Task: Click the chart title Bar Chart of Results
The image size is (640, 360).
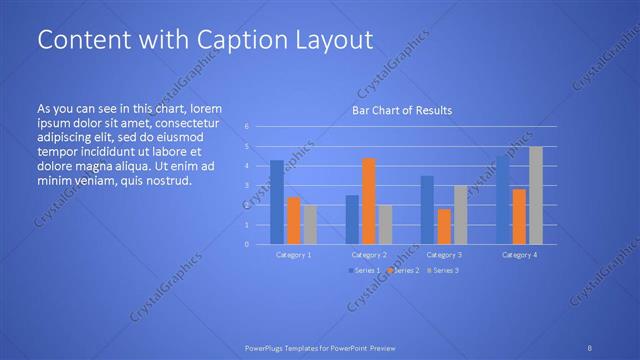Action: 401,110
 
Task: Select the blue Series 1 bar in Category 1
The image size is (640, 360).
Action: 277,202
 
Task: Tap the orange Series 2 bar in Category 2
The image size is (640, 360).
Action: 369,201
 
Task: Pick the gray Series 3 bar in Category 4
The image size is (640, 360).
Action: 536,196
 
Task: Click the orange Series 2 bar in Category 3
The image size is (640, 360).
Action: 444,226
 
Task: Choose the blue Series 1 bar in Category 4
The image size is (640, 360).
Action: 502,200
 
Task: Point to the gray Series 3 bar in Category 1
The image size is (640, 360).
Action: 310,224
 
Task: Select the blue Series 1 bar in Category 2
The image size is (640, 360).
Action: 352,219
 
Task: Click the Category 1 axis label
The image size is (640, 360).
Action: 293,255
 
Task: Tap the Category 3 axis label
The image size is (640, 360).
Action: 444,255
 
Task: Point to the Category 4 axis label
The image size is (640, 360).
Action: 519,255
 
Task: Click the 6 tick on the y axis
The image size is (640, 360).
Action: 247,127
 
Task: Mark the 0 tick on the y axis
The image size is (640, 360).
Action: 247,244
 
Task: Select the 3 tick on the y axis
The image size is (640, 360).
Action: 247,186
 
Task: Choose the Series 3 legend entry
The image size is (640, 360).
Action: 444,271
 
